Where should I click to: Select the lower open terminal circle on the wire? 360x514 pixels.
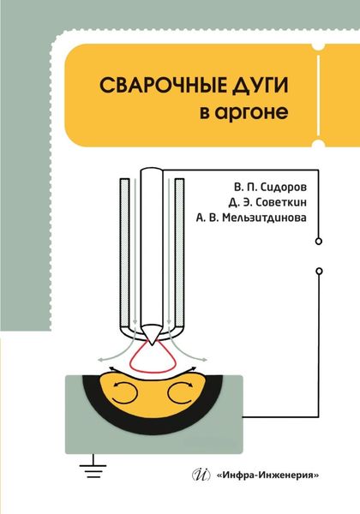pos(319,270)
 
